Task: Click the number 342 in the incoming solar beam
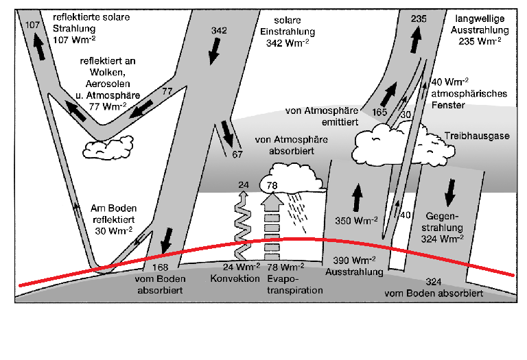(x=219, y=31)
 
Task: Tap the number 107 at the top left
(x=33, y=25)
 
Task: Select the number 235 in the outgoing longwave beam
(x=419, y=19)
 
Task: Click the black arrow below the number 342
(x=214, y=51)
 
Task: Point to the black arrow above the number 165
(x=389, y=94)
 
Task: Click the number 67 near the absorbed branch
(x=237, y=154)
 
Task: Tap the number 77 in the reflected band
(x=167, y=91)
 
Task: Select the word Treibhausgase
(x=477, y=136)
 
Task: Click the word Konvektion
(x=235, y=278)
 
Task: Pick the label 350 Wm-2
(x=356, y=220)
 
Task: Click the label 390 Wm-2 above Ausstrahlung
(x=354, y=260)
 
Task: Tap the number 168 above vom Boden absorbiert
(x=161, y=267)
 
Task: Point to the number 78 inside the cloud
(x=272, y=185)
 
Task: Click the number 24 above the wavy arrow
(x=244, y=184)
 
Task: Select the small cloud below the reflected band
(x=108, y=147)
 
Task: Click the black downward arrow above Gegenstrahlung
(x=449, y=193)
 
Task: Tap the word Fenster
(x=448, y=105)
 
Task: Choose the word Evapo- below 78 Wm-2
(x=283, y=278)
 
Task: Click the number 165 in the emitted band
(x=379, y=112)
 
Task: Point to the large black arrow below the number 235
(x=416, y=39)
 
